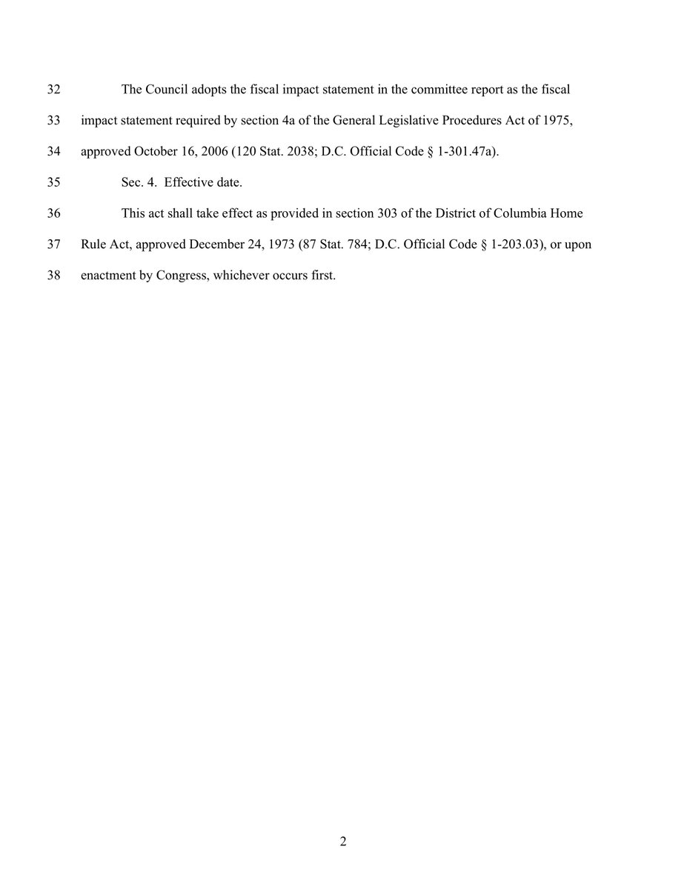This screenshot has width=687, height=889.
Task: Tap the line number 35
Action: (53, 183)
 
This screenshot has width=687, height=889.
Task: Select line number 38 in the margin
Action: (53, 276)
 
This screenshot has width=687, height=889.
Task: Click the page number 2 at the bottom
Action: (343, 842)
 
